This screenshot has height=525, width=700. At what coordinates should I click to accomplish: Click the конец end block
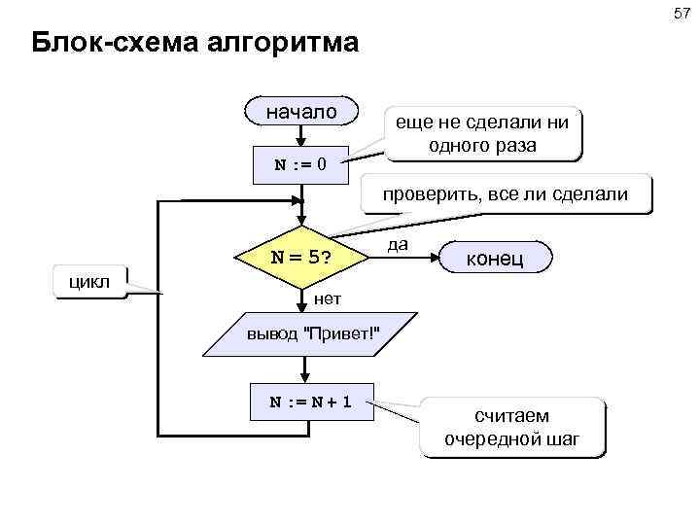(496, 259)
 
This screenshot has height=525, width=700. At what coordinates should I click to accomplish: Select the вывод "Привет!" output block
(313, 334)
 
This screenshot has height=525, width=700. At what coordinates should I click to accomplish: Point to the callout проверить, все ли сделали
(505, 195)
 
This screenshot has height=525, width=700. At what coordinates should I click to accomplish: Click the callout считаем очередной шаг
(511, 427)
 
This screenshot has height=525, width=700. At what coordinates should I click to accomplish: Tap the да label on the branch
(397, 244)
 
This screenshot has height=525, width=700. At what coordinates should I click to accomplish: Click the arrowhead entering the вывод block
(303, 308)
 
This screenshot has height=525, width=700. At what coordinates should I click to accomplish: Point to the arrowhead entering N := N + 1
(303, 380)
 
